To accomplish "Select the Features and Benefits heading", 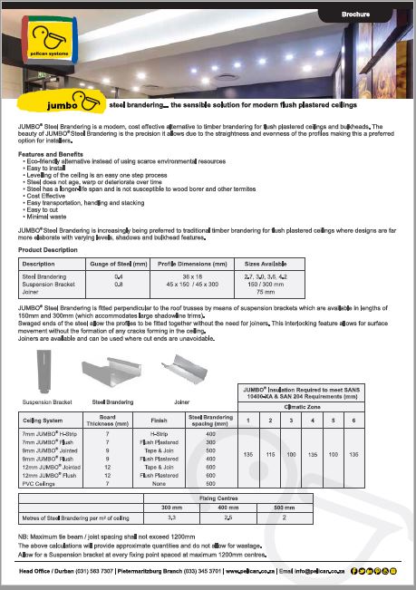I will click(x=52, y=155).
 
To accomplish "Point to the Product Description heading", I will click(x=54, y=248).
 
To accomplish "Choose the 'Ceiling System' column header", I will click(x=42, y=420).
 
